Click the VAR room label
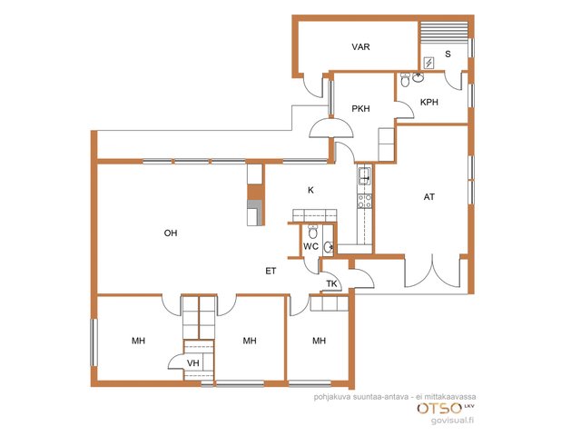pos(360,46)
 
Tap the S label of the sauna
pos(448,54)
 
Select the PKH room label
pos(360,109)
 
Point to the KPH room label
pos(429,102)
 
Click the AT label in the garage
pos(429,197)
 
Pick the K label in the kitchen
pos(310,190)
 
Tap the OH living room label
pos(171,233)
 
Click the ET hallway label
pos(271,271)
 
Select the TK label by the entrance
pos(331,283)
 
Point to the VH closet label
pos(192,363)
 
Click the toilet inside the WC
pos(312,233)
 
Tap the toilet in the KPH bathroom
pos(405,80)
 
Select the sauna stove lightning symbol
pos(428,63)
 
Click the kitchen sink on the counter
pos(364,176)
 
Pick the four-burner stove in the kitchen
pos(364,201)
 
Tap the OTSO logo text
pos(439,408)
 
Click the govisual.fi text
pos(452,421)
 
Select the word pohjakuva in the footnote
pos(330,397)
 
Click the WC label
pos(310,246)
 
